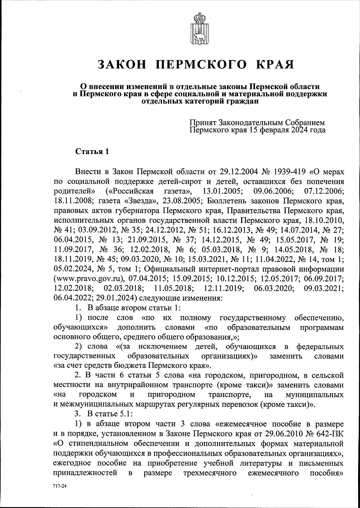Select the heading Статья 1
pyautogui.click(x=91, y=152)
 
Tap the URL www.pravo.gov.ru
pyautogui.click(x=88, y=279)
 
